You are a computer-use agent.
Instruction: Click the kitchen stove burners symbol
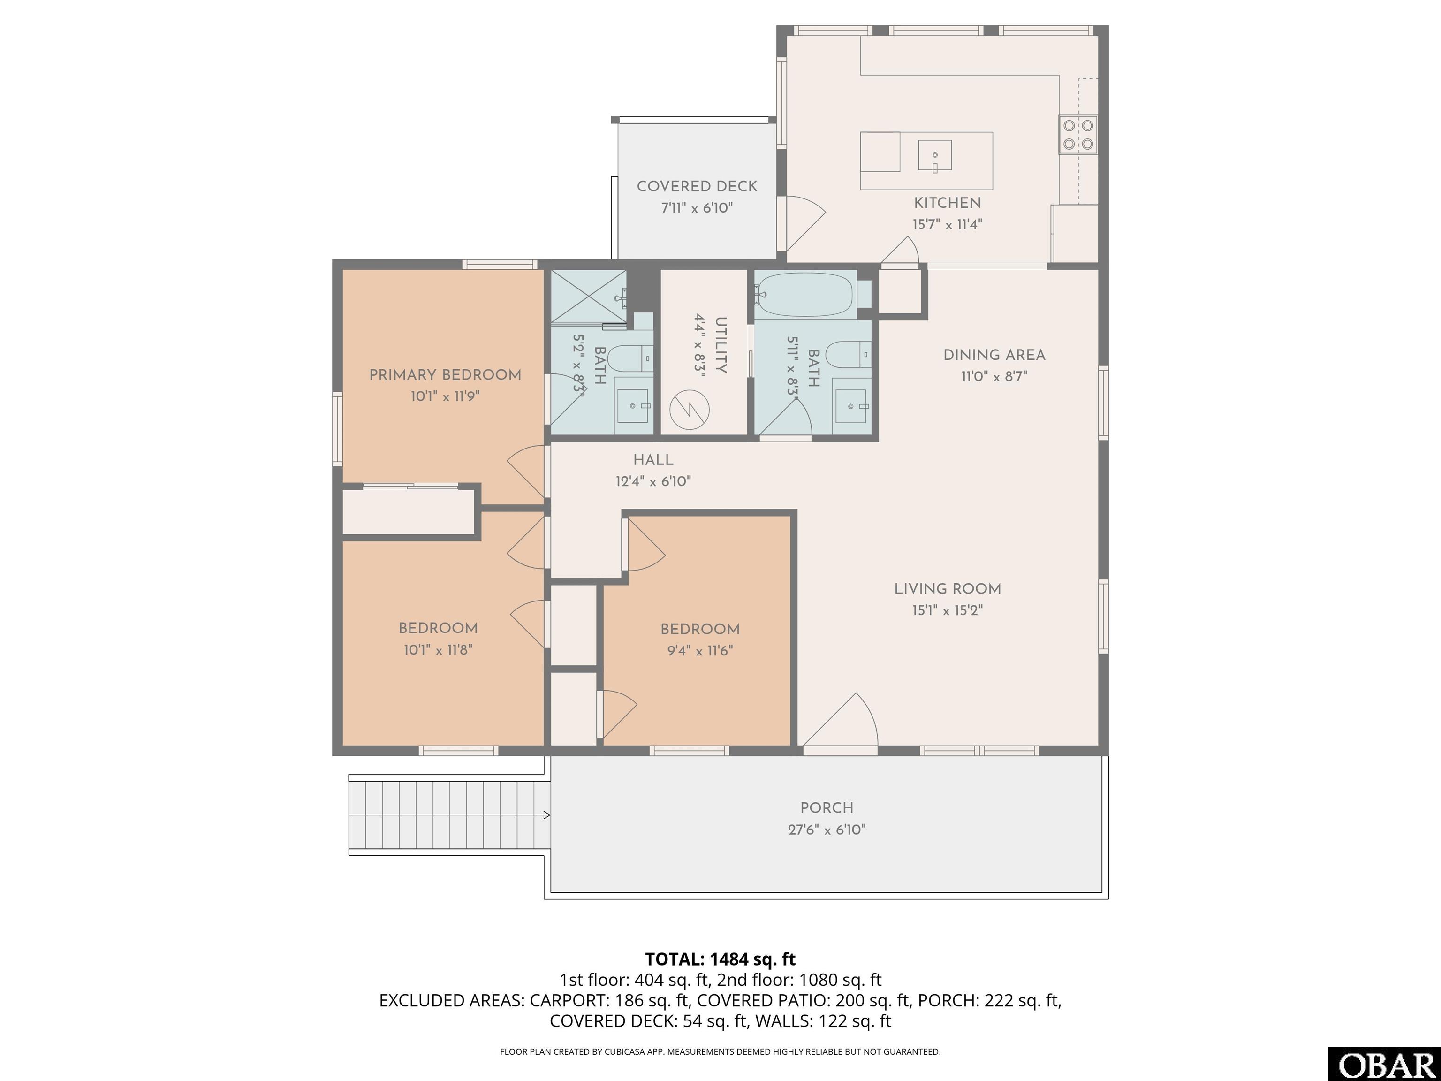pyautogui.click(x=1078, y=134)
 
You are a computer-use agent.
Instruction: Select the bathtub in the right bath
pyautogui.click(x=806, y=295)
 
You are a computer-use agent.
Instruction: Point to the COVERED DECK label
pyautogui.click(x=697, y=186)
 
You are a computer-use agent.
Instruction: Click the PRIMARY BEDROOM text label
pyautogui.click(x=445, y=375)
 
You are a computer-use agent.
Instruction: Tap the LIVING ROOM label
pyautogui.click(x=947, y=589)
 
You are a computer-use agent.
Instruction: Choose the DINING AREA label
pyautogui.click(x=994, y=355)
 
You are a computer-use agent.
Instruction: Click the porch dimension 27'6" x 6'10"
pyautogui.click(x=827, y=830)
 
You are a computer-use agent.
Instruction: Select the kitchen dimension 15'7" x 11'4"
pyautogui.click(x=947, y=224)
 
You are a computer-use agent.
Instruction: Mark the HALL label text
pyautogui.click(x=653, y=460)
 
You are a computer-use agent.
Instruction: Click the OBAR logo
pyautogui.click(x=1384, y=1065)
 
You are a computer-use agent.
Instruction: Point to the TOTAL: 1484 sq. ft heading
pyautogui.click(x=720, y=959)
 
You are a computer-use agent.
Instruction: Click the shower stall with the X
pyautogui.click(x=589, y=296)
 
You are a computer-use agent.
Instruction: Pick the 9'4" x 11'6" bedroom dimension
pyautogui.click(x=700, y=650)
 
